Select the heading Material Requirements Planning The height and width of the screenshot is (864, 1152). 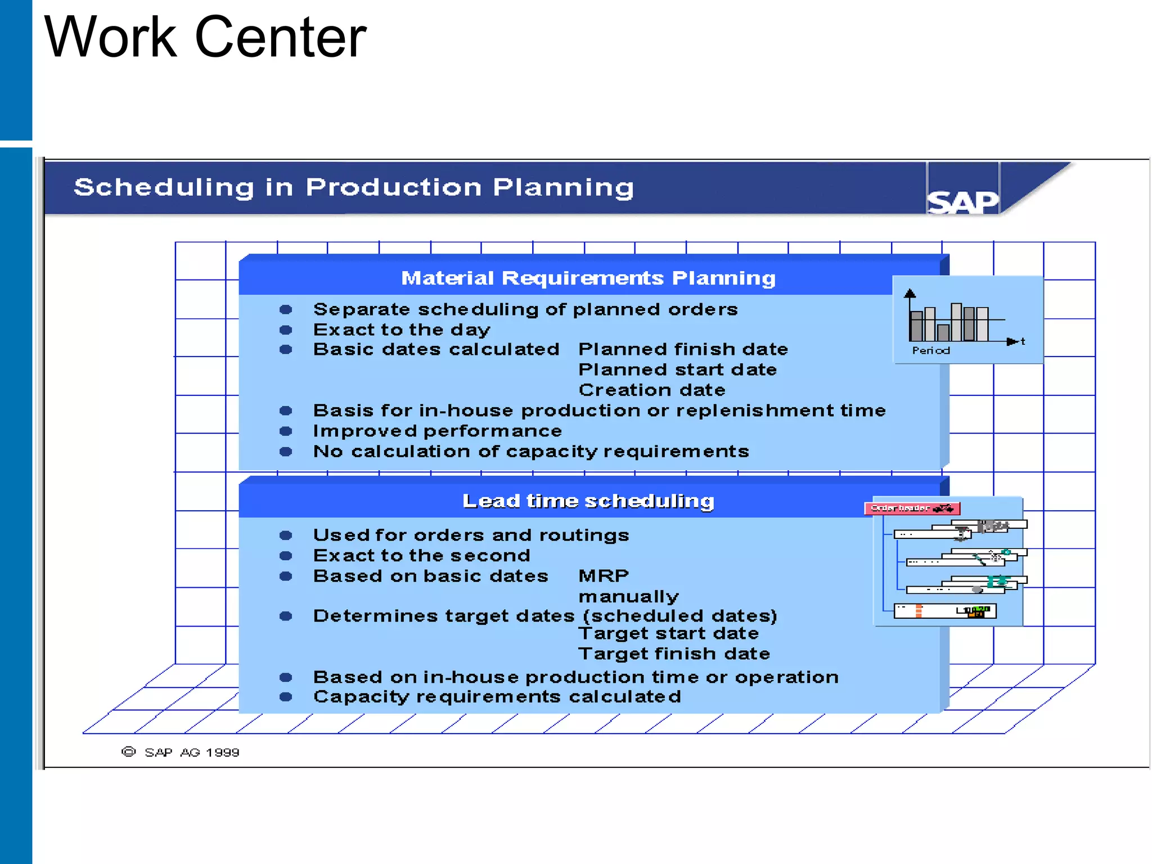[x=588, y=278]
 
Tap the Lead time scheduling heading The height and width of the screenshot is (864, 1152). [x=588, y=501]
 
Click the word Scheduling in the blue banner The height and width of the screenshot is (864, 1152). [x=164, y=187]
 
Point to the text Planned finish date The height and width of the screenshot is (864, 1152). [x=683, y=349]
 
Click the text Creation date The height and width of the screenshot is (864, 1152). [x=652, y=390]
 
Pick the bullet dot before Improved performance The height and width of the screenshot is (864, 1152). [x=286, y=431]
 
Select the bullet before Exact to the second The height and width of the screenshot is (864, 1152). [x=286, y=556]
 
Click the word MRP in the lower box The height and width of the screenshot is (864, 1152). [x=604, y=576]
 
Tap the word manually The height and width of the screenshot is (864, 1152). [x=628, y=596]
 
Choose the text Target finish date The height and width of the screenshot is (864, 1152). [x=674, y=654]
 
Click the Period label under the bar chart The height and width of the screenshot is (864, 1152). [x=931, y=350]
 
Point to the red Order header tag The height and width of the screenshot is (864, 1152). [x=911, y=508]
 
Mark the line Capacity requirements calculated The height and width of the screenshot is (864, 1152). [x=497, y=697]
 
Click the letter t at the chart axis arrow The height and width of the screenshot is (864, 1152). [x=1023, y=341]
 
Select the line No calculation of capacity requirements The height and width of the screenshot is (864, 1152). [x=531, y=452]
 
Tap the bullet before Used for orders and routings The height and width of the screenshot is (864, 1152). [x=286, y=535]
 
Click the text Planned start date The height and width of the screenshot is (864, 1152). [x=677, y=370]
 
